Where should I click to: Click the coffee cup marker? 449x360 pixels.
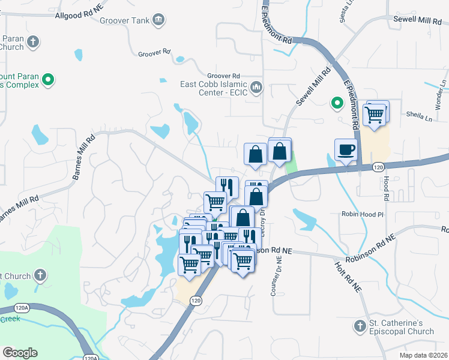[x=346, y=150]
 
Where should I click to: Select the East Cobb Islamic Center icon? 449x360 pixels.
[x=256, y=88]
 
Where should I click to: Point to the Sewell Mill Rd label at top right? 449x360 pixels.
[x=417, y=20]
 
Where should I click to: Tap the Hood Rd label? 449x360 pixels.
[x=385, y=188]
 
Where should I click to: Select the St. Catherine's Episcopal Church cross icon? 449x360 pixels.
[x=360, y=326]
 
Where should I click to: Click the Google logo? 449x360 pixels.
[x=20, y=353]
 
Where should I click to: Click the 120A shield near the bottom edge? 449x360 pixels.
[x=90, y=358]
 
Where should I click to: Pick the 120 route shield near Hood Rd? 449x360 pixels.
[x=378, y=167]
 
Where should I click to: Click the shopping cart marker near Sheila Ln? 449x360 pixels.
[x=375, y=113]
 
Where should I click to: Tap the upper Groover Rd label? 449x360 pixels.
[x=154, y=53]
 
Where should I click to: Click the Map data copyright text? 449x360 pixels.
[x=423, y=355]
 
